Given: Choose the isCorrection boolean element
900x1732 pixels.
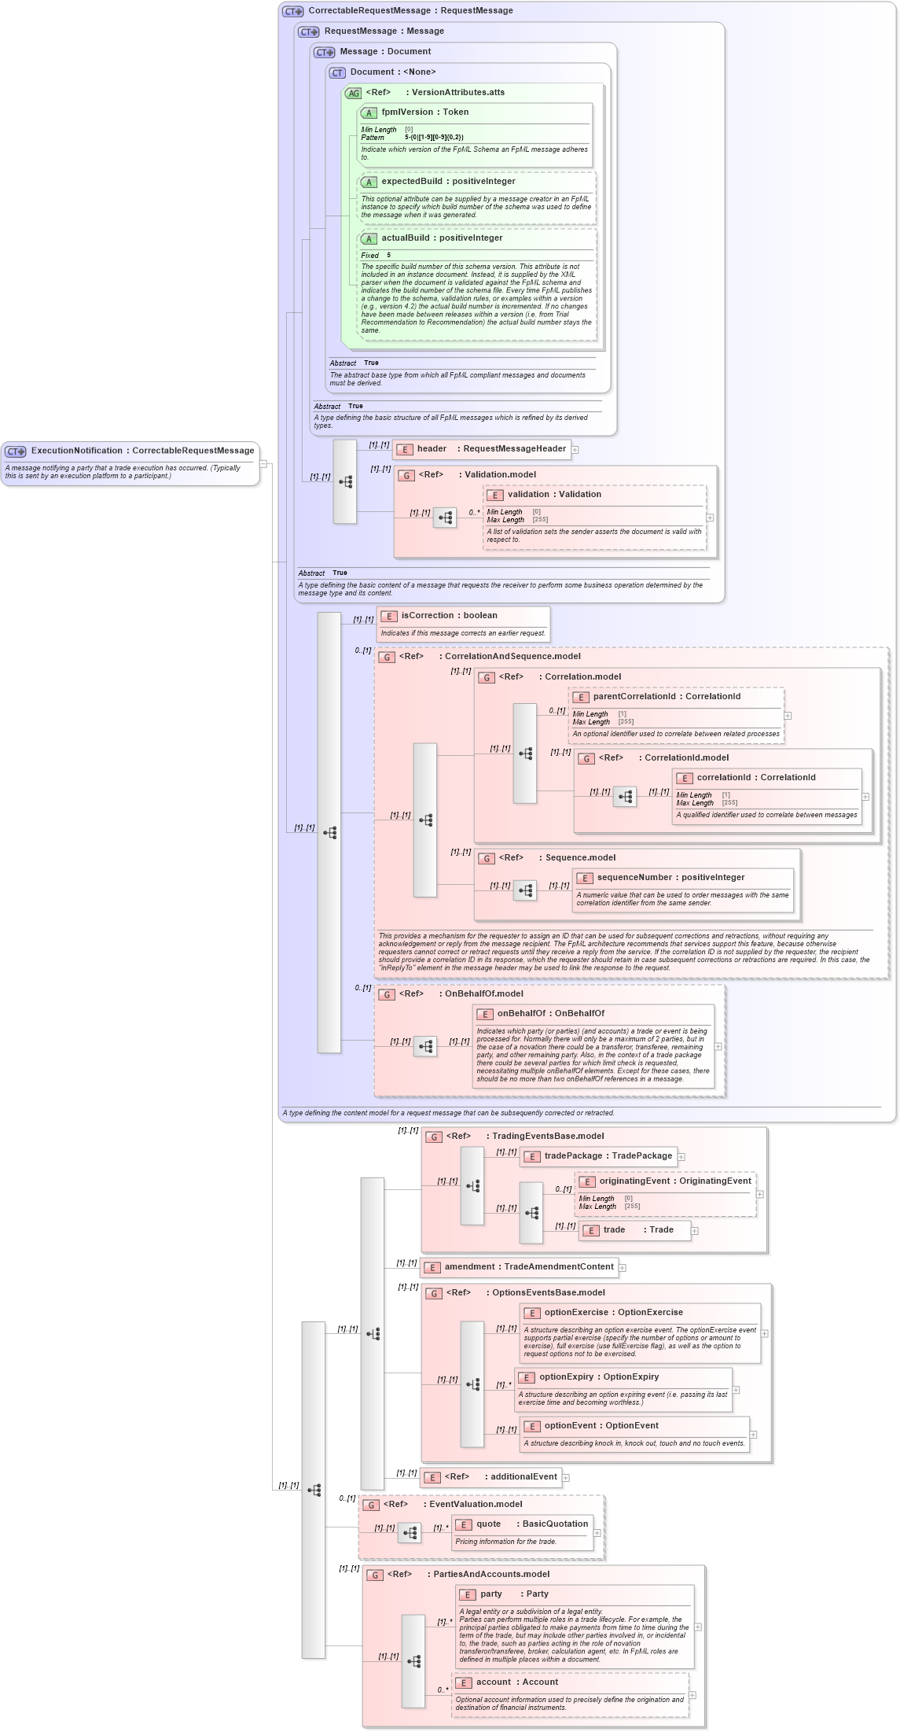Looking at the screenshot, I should pos(449,616).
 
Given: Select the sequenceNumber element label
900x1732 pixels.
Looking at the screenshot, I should pos(670,878).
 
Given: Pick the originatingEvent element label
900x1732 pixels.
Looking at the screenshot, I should pos(674,1181).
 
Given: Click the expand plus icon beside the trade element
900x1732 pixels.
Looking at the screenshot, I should pos(695,1231).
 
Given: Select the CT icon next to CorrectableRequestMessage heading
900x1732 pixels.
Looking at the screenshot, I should pos(292,12).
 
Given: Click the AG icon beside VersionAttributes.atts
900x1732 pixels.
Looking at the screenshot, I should pos(353,94).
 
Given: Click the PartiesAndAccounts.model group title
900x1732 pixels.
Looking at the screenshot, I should pos(491,1575).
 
